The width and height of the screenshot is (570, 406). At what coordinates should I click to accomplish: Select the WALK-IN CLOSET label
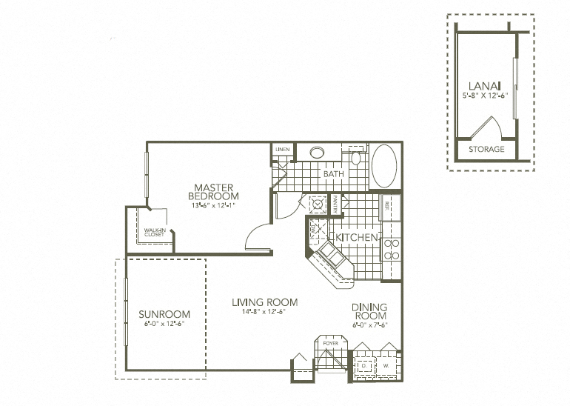154,232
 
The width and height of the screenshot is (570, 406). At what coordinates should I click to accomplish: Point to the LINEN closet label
282,150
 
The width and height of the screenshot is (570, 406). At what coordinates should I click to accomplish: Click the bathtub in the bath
384,166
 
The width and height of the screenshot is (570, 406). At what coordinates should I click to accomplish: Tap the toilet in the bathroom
355,157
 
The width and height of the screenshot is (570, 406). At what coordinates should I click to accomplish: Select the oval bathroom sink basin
317,153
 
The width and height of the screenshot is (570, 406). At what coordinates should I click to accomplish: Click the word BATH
333,175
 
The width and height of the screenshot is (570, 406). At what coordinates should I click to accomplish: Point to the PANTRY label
335,204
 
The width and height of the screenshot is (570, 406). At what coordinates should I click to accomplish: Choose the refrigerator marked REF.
390,207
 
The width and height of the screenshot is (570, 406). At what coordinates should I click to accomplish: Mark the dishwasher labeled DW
313,231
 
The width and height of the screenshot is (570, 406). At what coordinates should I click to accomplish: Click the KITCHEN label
358,237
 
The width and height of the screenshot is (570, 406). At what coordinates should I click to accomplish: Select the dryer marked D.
364,366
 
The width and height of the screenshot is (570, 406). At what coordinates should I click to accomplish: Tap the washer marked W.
386,366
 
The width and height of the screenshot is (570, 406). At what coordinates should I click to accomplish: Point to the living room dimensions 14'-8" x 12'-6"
264,312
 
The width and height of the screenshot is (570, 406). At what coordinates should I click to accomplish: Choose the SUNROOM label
164,314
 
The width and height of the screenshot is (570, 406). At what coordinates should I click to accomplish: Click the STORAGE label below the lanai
486,150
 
